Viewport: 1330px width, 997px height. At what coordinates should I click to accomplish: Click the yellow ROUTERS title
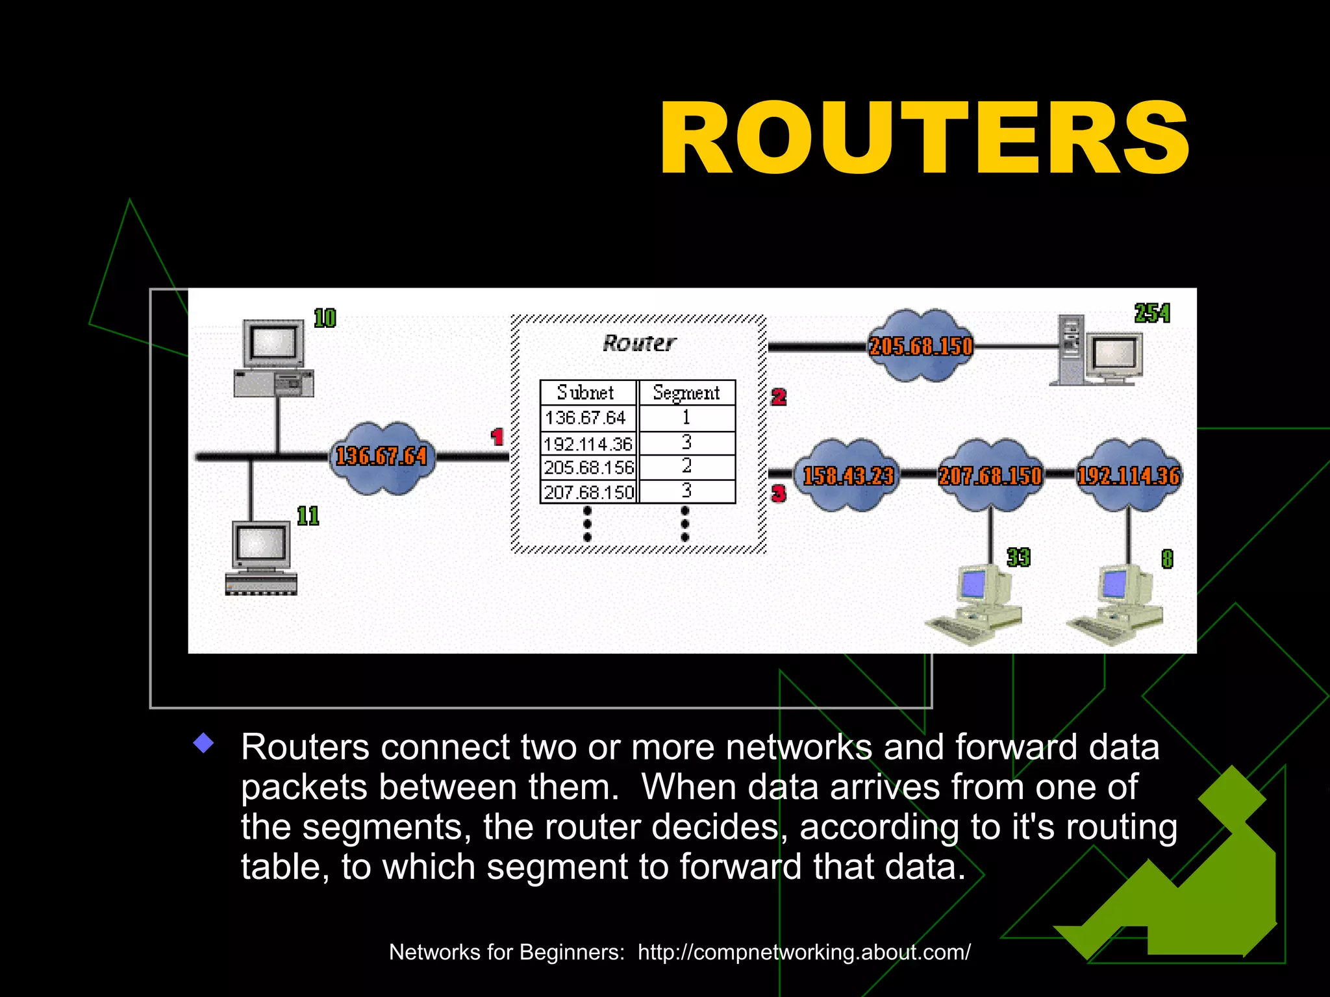924,139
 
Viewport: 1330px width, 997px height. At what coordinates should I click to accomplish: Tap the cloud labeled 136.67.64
381,457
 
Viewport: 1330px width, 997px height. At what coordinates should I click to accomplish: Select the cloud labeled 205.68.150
920,346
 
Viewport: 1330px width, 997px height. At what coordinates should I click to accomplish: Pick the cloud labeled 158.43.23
847,476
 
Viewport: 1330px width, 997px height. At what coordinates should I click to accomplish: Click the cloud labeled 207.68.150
990,476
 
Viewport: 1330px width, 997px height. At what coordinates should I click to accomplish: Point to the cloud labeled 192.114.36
1129,476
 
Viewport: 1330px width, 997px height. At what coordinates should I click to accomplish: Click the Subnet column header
586,393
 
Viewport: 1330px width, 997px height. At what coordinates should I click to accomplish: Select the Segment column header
686,393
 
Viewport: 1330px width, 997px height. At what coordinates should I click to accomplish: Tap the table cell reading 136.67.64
586,417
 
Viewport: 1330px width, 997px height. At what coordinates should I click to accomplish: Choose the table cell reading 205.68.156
588,467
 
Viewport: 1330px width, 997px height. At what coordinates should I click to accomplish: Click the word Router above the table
639,343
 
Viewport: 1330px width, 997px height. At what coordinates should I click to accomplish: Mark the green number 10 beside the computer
325,318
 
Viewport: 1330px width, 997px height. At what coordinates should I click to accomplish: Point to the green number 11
308,516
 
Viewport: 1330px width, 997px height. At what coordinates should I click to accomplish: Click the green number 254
1152,314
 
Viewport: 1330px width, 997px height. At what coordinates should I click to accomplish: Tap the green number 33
1018,558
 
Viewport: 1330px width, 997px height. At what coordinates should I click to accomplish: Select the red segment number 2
779,397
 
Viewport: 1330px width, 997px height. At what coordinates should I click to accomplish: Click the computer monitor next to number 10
273,342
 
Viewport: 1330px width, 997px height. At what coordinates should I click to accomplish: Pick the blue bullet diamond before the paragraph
204,743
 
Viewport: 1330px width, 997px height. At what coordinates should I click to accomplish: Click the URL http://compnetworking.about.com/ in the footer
804,952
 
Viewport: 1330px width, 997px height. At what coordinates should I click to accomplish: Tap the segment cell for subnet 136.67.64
686,417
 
